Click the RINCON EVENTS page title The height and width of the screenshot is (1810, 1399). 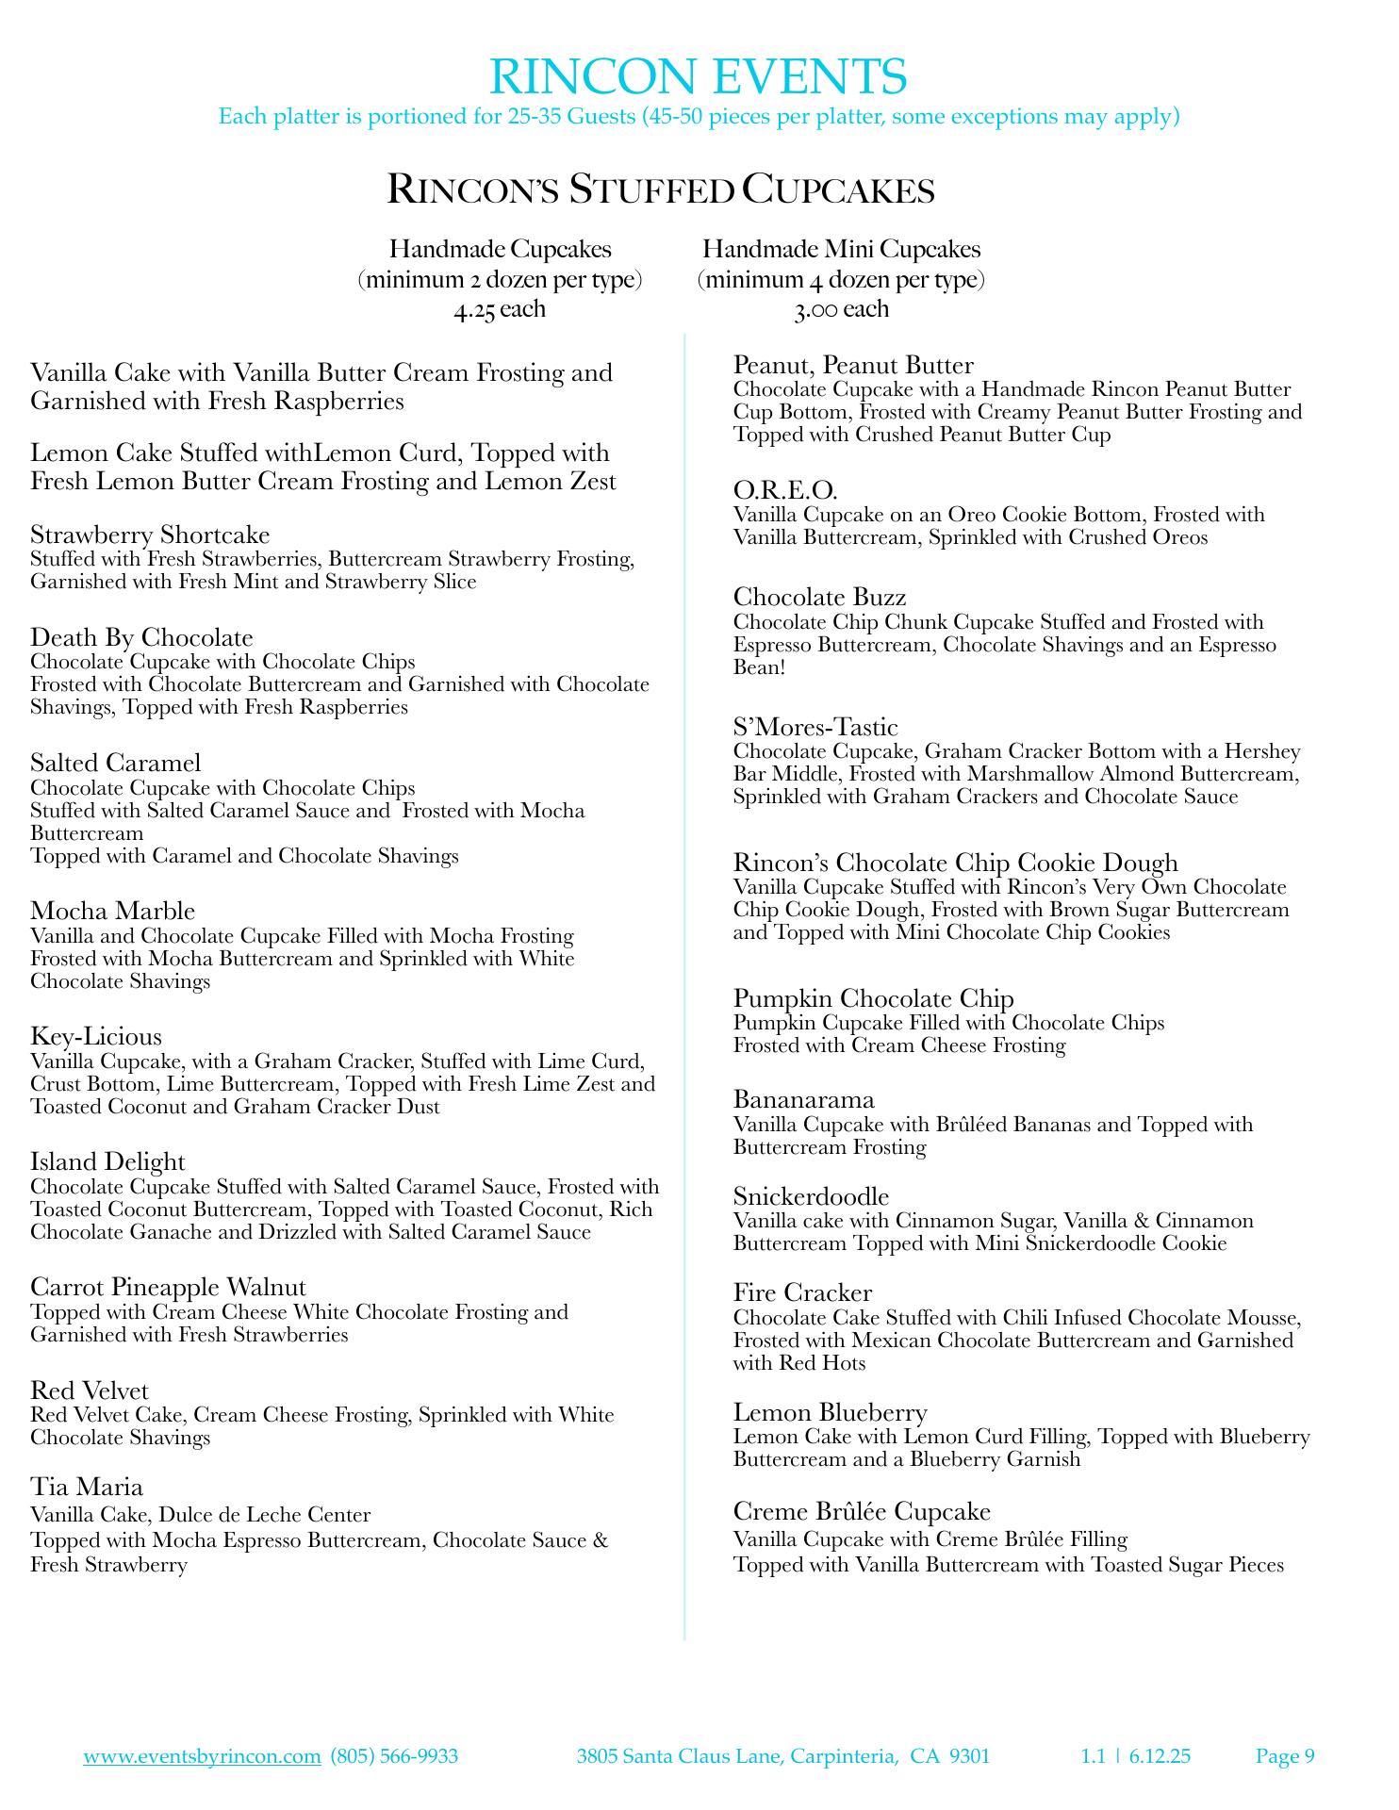pyautogui.click(x=699, y=76)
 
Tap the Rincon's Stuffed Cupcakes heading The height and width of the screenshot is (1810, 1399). pyautogui.click(x=661, y=189)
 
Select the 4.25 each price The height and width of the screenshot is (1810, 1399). pyautogui.click(x=499, y=309)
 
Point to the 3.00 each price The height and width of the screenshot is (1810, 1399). pyautogui.click(x=841, y=309)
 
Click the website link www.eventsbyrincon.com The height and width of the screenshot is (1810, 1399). pyautogui.click(x=203, y=1755)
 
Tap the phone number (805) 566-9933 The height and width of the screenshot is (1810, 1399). pyautogui.click(x=394, y=1755)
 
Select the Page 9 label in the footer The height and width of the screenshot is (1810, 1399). pyautogui.click(x=1285, y=1755)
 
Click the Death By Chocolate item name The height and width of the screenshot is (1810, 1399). pyautogui.click(x=141, y=637)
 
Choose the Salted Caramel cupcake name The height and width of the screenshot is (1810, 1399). pyautogui.click(x=116, y=763)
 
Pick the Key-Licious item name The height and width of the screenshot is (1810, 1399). pyautogui.click(x=96, y=1037)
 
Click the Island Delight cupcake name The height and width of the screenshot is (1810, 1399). pyautogui.click(x=107, y=1161)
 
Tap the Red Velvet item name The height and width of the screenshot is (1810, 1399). pyautogui.click(x=90, y=1390)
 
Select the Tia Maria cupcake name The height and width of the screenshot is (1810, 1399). pyautogui.click(x=87, y=1487)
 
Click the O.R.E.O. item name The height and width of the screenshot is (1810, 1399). pyautogui.click(x=785, y=490)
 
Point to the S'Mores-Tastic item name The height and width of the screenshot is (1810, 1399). pyautogui.click(x=815, y=727)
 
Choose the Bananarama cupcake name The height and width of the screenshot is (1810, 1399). pyautogui.click(x=804, y=1099)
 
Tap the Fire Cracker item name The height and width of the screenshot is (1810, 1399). pyautogui.click(x=802, y=1292)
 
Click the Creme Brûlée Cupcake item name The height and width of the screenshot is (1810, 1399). pyautogui.click(x=862, y=1511)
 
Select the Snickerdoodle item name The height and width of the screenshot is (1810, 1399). pyautogui.click(x=811, y=1196)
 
